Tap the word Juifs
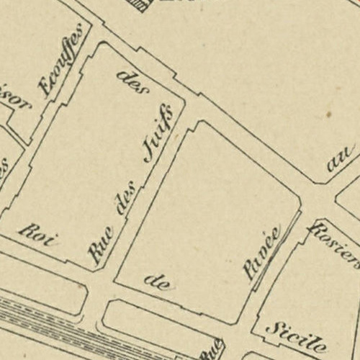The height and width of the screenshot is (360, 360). pyautogui.click(x=160, y=132)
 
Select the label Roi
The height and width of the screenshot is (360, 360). pyautogui.click(x=38, y=234)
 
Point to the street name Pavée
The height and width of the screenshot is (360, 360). pyautogui.click(x=262, y=253)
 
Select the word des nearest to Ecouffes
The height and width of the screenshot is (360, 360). pyautogui.click(x=132, y=83)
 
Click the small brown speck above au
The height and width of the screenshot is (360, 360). pyautogui.click(x=328, y=114)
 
